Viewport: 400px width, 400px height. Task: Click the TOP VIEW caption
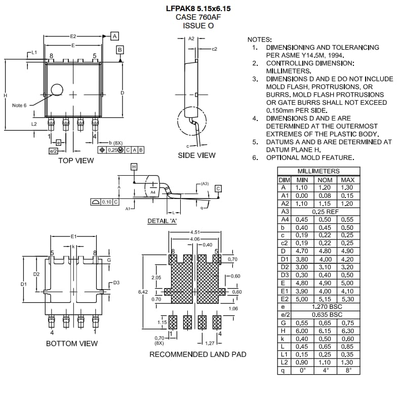[76, 161]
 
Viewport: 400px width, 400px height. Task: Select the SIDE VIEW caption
[196, 155]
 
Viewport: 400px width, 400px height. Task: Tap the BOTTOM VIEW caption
[72, 343]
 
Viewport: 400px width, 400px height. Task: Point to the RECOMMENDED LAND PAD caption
[197, 354]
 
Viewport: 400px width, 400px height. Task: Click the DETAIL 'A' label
[162, 221]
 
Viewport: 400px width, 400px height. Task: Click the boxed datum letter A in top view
[114, 36]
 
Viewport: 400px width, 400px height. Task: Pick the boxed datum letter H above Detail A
[134, 167]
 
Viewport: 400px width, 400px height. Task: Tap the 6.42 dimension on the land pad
[143, 292]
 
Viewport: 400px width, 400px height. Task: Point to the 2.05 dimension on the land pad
[156, 277]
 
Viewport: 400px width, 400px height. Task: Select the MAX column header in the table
[347, 180]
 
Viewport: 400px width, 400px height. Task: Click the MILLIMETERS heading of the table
[318, 172]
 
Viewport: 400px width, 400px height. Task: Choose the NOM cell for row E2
[324, 299]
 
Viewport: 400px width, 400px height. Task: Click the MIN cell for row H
[302, 331]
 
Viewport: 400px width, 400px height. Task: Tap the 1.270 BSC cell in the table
[325, 307]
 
